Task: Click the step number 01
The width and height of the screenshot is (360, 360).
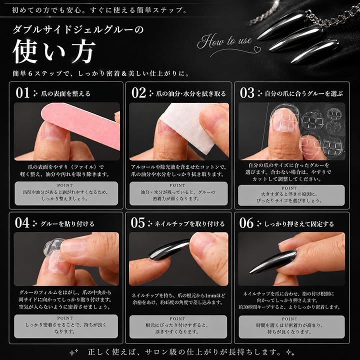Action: [x=22, y=93]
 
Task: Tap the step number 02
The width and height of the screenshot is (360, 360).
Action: [x=138, y=93]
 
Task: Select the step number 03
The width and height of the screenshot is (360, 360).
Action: [x=247, y=93]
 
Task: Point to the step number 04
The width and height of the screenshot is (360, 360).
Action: [x=22, y=223]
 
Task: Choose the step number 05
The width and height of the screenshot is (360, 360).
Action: [x=138, y=223]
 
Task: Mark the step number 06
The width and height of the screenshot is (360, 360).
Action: [x=246, y=223]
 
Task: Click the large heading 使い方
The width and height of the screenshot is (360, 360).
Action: [x=54, y=51]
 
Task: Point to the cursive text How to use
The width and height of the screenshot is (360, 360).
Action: [x=224, y=41]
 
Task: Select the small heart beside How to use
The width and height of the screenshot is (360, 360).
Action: [x=256, y=48]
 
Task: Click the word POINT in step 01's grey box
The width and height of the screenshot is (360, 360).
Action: [x=65, y=185]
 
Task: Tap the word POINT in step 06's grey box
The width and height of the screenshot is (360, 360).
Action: [x=289, y=319]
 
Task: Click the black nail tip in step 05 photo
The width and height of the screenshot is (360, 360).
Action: [x=169, y=250]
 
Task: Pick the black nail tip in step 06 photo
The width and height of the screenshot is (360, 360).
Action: [x=273, y=261]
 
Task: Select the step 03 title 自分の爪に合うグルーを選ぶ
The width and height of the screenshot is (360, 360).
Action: [x=304, y=93]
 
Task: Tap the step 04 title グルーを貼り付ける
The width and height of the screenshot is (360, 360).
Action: [x=67, y=223]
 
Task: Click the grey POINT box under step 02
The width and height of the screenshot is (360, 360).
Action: [x=178, y=193]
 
